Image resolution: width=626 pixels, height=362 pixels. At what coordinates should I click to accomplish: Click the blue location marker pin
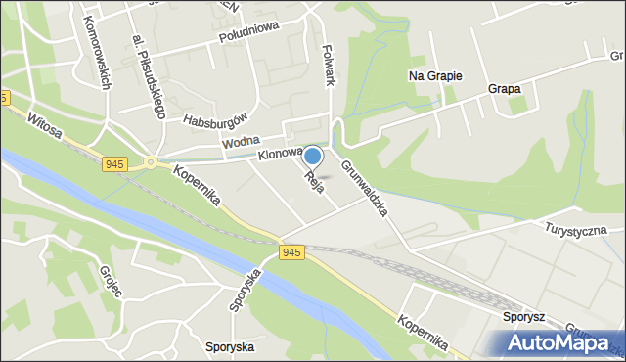coord(312,156)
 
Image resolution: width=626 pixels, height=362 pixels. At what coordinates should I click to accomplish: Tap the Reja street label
coord(314,182)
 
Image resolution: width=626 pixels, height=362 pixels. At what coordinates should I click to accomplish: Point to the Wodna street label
coord(240,143)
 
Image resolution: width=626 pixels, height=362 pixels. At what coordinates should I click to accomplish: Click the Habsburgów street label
coord(210,121)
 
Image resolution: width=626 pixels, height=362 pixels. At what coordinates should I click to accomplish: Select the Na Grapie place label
coord(434,75)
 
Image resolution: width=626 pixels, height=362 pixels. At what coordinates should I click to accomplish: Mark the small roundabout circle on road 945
coord(151,162)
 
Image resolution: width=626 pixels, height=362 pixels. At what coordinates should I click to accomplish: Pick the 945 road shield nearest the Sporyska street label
coord(291,251)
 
